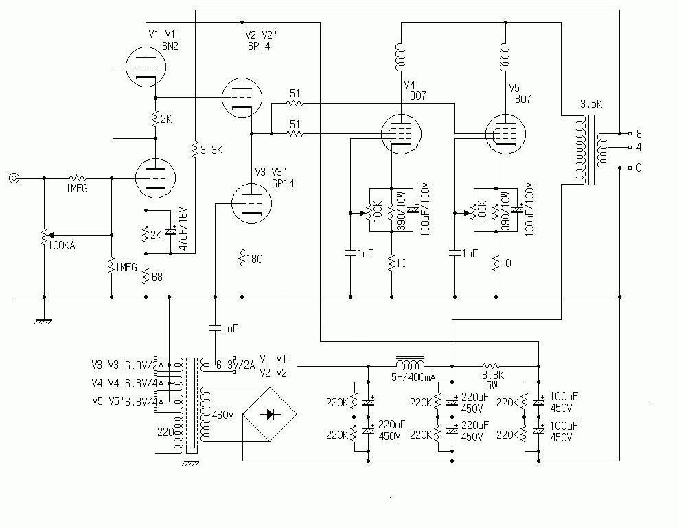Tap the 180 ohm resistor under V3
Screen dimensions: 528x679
[x=242, y=259]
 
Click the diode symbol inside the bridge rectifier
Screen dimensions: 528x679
[x=269, y=414]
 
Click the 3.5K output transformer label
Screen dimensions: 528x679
[x=592, y=104]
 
